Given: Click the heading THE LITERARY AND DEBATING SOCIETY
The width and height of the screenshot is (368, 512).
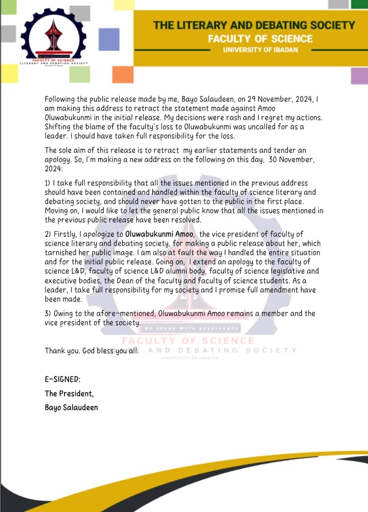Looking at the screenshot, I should [254, 25].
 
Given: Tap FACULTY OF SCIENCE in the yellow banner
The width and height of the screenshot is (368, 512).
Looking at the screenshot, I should [260, 38].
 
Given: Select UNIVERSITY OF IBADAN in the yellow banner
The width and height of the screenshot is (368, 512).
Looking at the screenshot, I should [261, 50].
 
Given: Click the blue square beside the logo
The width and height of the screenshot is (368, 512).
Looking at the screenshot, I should [108, 39].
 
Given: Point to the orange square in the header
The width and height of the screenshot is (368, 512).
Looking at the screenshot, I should [123, 74].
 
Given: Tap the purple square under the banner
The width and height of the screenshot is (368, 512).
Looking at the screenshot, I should [359, 75].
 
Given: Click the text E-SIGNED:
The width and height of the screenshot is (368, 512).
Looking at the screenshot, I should [62, 380].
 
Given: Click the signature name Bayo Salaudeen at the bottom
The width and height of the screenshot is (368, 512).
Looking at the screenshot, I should [71, 407].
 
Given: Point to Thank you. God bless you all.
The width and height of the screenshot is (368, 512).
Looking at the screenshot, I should [92, 351].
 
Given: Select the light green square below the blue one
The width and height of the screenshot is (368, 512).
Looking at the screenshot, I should [79, 74].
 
